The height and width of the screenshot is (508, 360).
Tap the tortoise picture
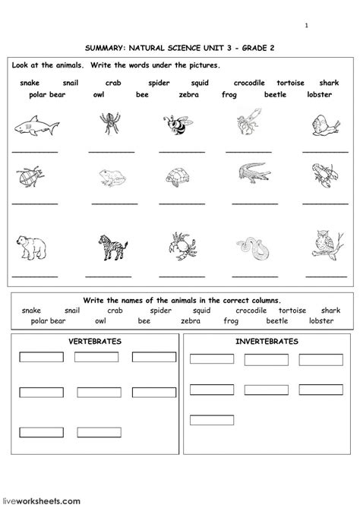pos(177,177)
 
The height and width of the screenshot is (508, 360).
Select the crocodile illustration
pos(251,174)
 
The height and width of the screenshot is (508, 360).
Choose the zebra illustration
pos(106,248)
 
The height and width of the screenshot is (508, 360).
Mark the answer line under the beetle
pos(35,204)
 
